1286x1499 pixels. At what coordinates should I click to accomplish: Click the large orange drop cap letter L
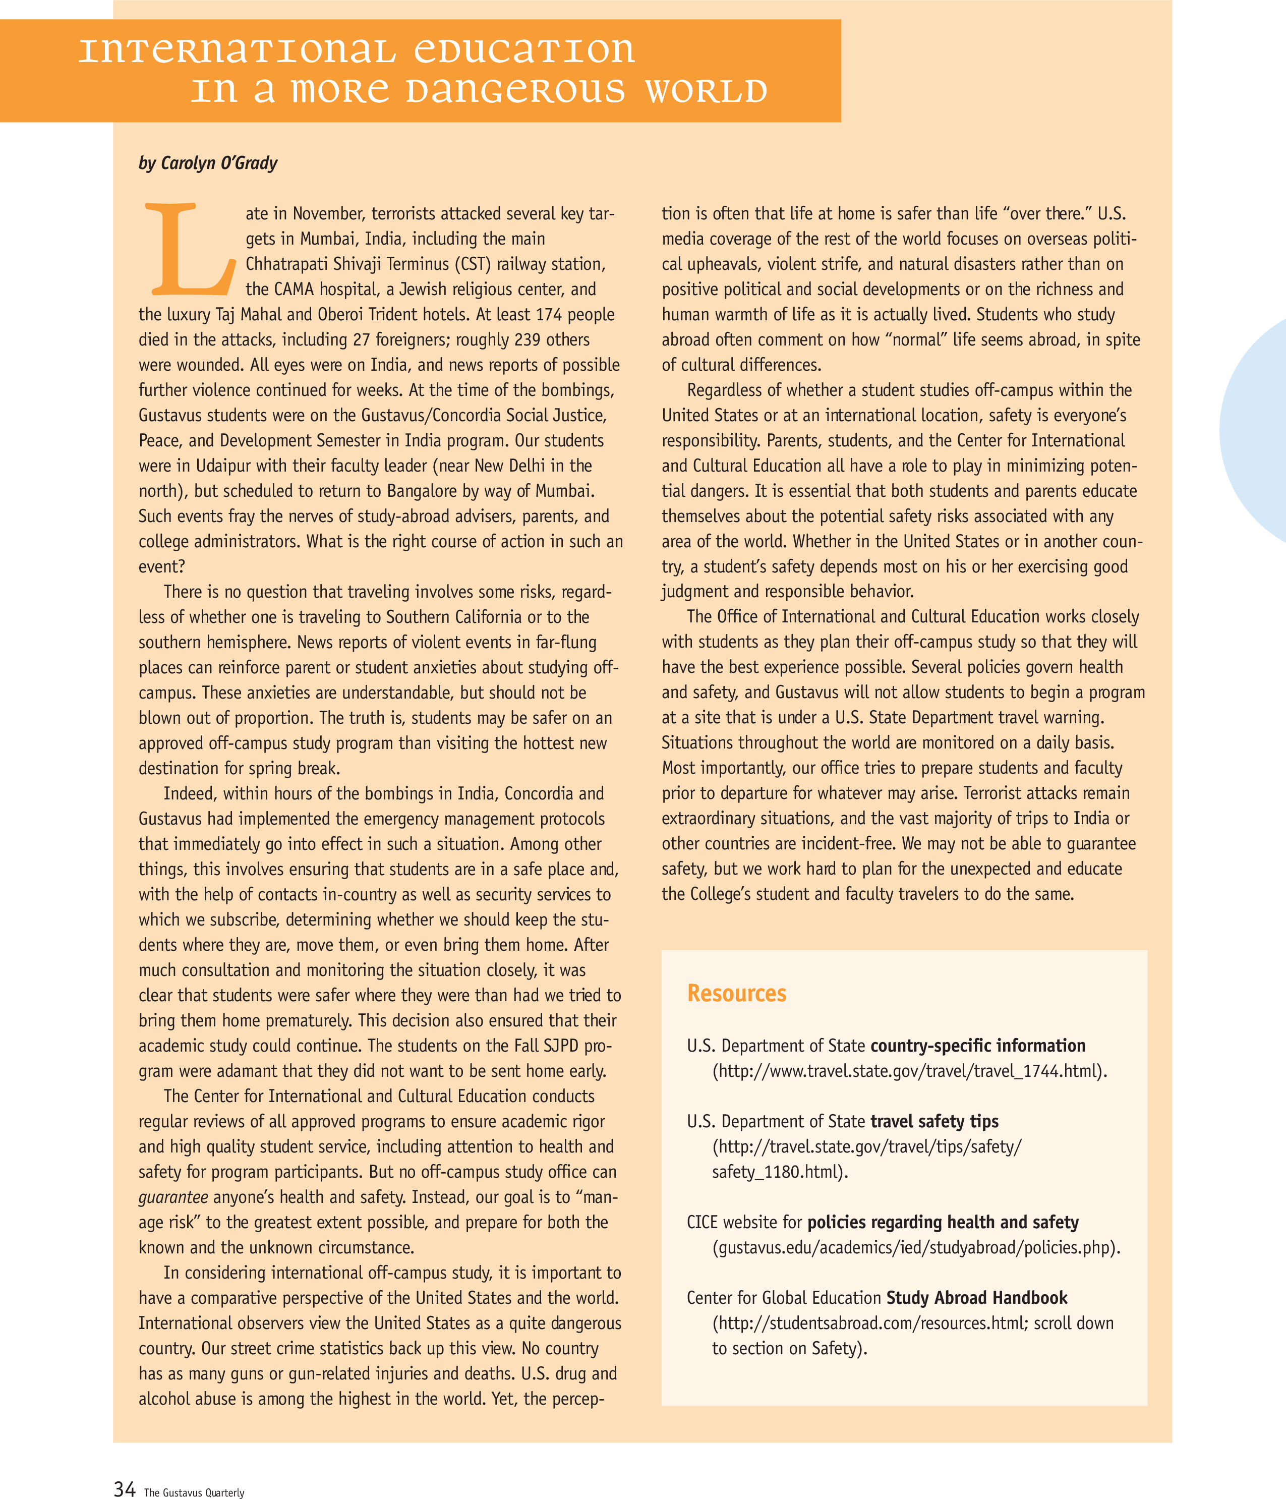coord(190,250)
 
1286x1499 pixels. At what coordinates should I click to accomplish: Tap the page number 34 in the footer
coord(125,1488)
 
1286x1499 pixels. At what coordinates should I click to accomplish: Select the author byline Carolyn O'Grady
coord(208,163)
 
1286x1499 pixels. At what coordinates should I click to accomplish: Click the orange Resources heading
coord(736,993)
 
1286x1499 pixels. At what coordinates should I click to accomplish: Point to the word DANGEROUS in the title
coord(515,91)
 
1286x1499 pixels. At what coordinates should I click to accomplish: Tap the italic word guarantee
coord(173,1197)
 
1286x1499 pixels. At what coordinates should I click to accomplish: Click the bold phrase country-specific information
coord(977,1046)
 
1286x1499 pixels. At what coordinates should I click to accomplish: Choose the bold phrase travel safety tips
coord(934,1121)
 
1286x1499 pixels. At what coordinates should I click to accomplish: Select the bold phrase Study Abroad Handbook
coord(976,1298)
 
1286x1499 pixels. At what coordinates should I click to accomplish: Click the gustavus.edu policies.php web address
coord(916,1248)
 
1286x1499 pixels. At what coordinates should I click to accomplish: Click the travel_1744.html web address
coord(909,1071)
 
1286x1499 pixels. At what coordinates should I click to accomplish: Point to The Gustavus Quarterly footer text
coord(194,1492)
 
